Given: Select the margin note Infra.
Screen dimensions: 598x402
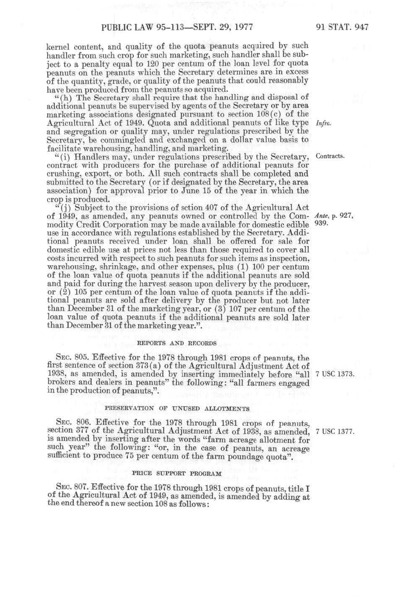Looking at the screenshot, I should [x=323, y=123].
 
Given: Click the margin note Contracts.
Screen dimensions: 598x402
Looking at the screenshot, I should [x=330, y=156].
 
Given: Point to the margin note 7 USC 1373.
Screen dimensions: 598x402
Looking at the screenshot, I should [x=335, y=374].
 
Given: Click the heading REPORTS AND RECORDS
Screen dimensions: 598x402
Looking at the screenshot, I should [x=177, y=343].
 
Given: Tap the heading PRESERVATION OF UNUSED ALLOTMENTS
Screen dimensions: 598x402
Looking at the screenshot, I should [x=177, y=409].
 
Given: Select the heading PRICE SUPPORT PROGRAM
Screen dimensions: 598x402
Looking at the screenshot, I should [x=177, y=474].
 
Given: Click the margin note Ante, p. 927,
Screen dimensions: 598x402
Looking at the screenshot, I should [x=334, y=216].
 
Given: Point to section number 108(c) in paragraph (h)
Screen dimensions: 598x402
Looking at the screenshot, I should [x=267, y=114].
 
